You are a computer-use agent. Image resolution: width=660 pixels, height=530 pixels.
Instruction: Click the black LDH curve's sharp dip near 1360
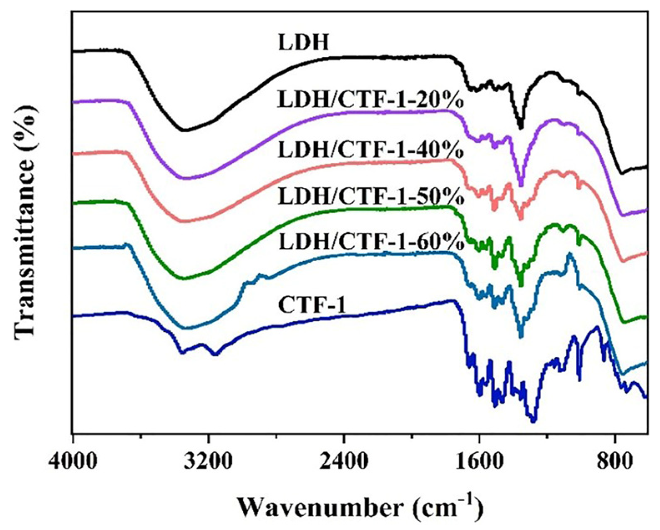(520, 126)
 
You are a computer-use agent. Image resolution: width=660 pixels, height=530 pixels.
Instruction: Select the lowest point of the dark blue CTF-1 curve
(533, 421)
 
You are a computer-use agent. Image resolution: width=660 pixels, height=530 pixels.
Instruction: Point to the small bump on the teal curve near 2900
(261, 275)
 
